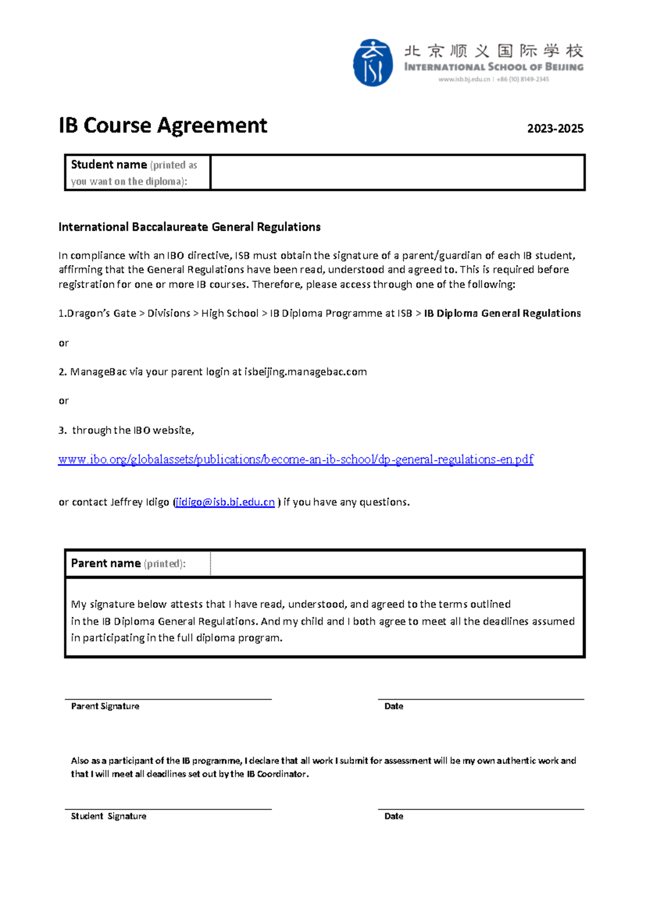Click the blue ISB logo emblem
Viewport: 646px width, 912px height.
(x=373, y=63)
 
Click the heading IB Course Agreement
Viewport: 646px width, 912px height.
(x=163, y=126)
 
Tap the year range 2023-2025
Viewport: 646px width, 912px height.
(x=555, y=129)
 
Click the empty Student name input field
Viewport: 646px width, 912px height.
(x=397, y=173)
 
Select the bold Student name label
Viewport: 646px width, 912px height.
(x=109, y=165)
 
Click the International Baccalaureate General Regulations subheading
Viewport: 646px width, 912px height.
(x=189, y=227)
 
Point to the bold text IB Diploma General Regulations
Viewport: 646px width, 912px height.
(x=502, y=313)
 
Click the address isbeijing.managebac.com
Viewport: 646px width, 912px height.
(x=305, y=372)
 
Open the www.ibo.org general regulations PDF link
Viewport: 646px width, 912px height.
(x=296, y=459)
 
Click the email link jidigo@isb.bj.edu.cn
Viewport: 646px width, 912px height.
(x=225, y=502)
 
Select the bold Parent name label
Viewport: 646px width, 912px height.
(x=106, y=563)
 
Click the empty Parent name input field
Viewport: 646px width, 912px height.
(x=397, y=564)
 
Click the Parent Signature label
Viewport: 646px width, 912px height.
(x=105, y=706)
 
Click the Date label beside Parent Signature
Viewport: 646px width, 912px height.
(x=394, y=706)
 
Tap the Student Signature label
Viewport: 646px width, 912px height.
(x=109, y=816)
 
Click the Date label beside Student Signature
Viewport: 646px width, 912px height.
(x=394, y=816)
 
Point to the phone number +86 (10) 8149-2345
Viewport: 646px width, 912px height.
(x=523, y=80)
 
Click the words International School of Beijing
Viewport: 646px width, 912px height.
(x=494, y=67)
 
